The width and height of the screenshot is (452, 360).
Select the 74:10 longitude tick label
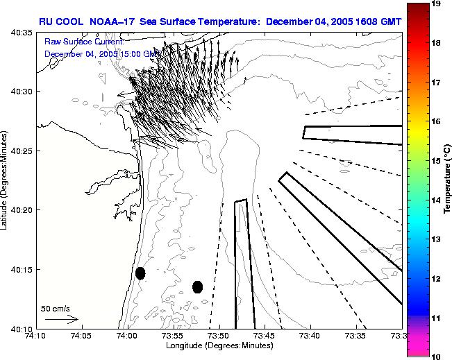click(x=35, y=336)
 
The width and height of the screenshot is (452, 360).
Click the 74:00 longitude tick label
click(x=127, y=336)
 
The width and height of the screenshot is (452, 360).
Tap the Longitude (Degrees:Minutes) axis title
click(x=219, y=345)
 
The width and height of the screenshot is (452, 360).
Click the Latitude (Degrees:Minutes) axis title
click(x=6, y=180)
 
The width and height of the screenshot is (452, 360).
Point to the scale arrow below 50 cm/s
click(x=62, y=320)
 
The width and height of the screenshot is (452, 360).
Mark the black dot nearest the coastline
click(x=140, y=273)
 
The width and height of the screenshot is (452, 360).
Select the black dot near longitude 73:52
click(x=197, y=286)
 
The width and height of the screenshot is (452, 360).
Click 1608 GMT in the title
click(x=376, y=22)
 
